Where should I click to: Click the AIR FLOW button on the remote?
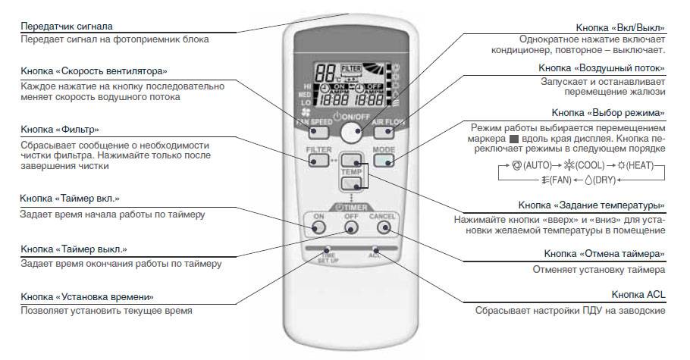(385, 130)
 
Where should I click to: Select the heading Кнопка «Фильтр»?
(61, 129)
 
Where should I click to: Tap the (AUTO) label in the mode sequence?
(531, 165)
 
